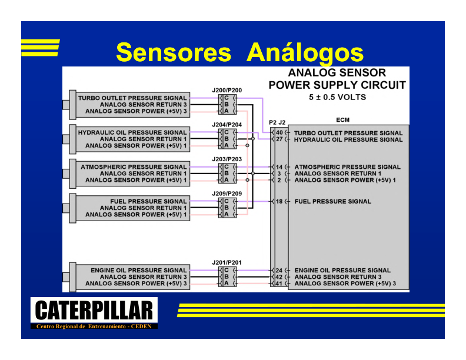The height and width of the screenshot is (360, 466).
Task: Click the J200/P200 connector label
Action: tap(227, 91)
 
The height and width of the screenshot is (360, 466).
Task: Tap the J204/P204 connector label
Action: tap(227, 125)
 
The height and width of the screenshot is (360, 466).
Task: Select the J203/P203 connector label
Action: tap(227, 159)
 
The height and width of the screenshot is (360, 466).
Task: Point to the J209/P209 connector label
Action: tap(227, 194)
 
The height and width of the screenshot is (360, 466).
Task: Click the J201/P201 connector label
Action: tap(227, 262)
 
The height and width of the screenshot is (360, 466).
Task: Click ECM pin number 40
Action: tap(279, 133)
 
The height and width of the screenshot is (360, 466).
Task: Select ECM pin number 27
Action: tap(279, 139)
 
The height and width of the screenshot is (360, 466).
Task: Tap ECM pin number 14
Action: tap(279, 167)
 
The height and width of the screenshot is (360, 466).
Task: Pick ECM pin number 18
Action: tap(279, 201)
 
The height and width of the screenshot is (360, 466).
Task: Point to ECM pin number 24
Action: tap(279, 271)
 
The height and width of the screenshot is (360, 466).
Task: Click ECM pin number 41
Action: tap(279, 284)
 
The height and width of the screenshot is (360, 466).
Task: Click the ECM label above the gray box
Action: tap(342, 120)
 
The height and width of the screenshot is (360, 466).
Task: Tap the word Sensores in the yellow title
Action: tap(174, 52)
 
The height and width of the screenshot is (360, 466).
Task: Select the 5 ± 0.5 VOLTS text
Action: tap(337, 97)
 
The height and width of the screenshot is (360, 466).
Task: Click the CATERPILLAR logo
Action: tap(94, 310)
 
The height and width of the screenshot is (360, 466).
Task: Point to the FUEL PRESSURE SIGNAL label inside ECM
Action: tap(333, 201)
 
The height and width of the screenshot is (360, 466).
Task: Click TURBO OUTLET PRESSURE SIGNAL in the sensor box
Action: tap(132, 98)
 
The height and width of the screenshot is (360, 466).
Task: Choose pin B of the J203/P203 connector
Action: tap(227, 174)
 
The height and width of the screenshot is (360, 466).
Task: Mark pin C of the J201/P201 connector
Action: tap(227, 271)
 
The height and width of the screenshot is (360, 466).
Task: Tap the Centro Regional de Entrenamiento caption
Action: tap(94, 326)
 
